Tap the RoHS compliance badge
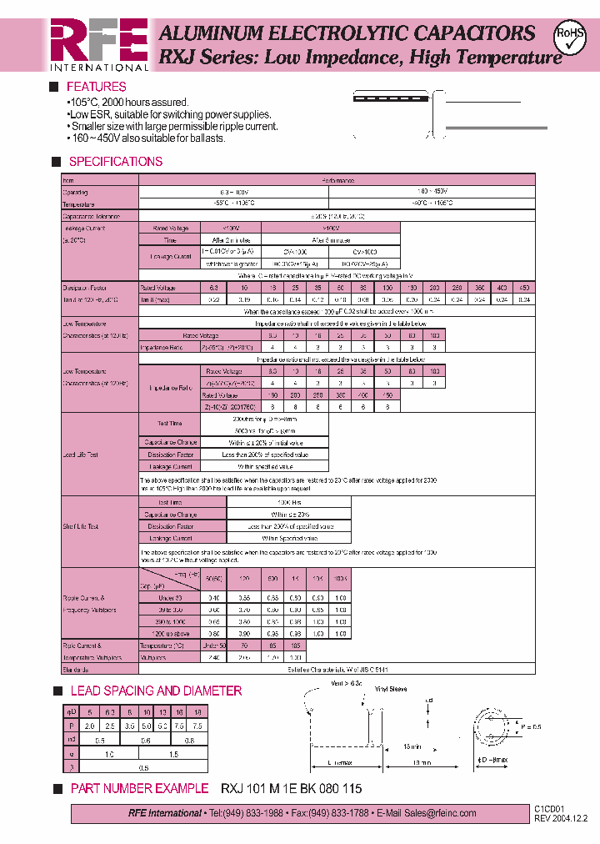pos(570,37)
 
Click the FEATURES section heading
pos(97,87)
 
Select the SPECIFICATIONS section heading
pos(115,161)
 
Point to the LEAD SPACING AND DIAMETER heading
pos(156,691)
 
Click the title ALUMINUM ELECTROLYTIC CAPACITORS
pos(347,33)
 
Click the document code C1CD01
pos(549,809)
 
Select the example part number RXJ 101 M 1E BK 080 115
pos(292,788)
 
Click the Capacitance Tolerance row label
pos(91,216)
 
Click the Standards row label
pos(77,669)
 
